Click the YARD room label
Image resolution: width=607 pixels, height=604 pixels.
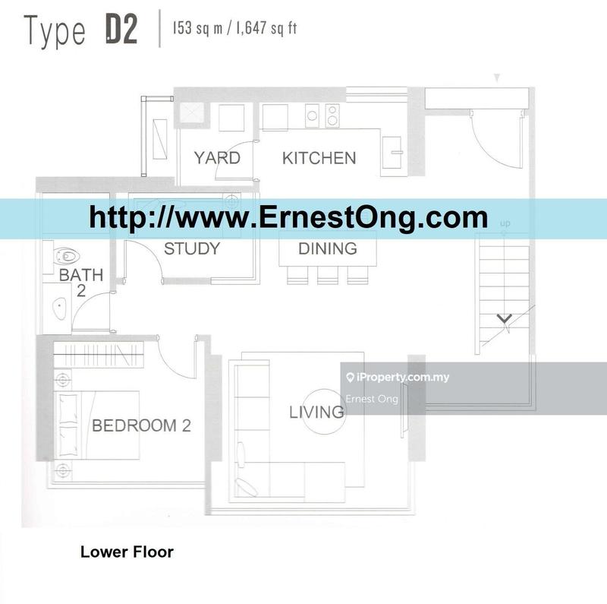(217, 158)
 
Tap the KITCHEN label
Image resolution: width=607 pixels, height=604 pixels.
(319, 158)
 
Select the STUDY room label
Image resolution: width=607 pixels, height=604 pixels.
(192, 248)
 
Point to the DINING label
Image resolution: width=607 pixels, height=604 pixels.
(327, 248)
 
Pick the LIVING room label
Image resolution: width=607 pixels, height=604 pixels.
(316, 413)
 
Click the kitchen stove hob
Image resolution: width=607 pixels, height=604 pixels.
(332, 115)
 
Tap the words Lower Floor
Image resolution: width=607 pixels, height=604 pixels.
(127, 552)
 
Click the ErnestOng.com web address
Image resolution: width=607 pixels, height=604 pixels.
(288, 218)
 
